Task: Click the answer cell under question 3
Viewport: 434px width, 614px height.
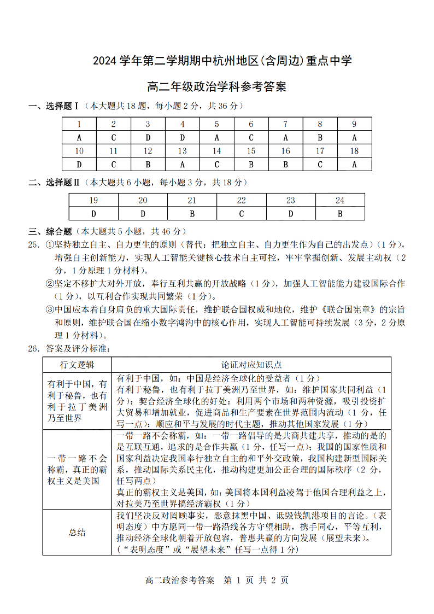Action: point(148,137)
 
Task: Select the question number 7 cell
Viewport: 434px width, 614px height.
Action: point(285,124)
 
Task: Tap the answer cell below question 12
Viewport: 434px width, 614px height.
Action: point(148,164)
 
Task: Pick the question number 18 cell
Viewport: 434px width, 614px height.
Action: point(354,151)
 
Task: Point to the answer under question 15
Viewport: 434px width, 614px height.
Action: point(251,164)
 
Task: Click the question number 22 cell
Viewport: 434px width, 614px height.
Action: point(241,200)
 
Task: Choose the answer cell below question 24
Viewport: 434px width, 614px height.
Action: point(339,214)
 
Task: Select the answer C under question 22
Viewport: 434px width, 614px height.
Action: point(241,214)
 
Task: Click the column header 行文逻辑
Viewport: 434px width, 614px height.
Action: point(77,365)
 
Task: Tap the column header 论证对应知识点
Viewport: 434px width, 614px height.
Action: point(251,365)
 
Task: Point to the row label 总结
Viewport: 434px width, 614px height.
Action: point(77,532)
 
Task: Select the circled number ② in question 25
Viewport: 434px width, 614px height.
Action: point(49,283)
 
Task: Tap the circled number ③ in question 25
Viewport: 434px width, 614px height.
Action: point(49,309)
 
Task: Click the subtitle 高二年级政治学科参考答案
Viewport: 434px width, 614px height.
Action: point(217,86)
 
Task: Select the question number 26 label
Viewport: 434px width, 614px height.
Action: point(34,348)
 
